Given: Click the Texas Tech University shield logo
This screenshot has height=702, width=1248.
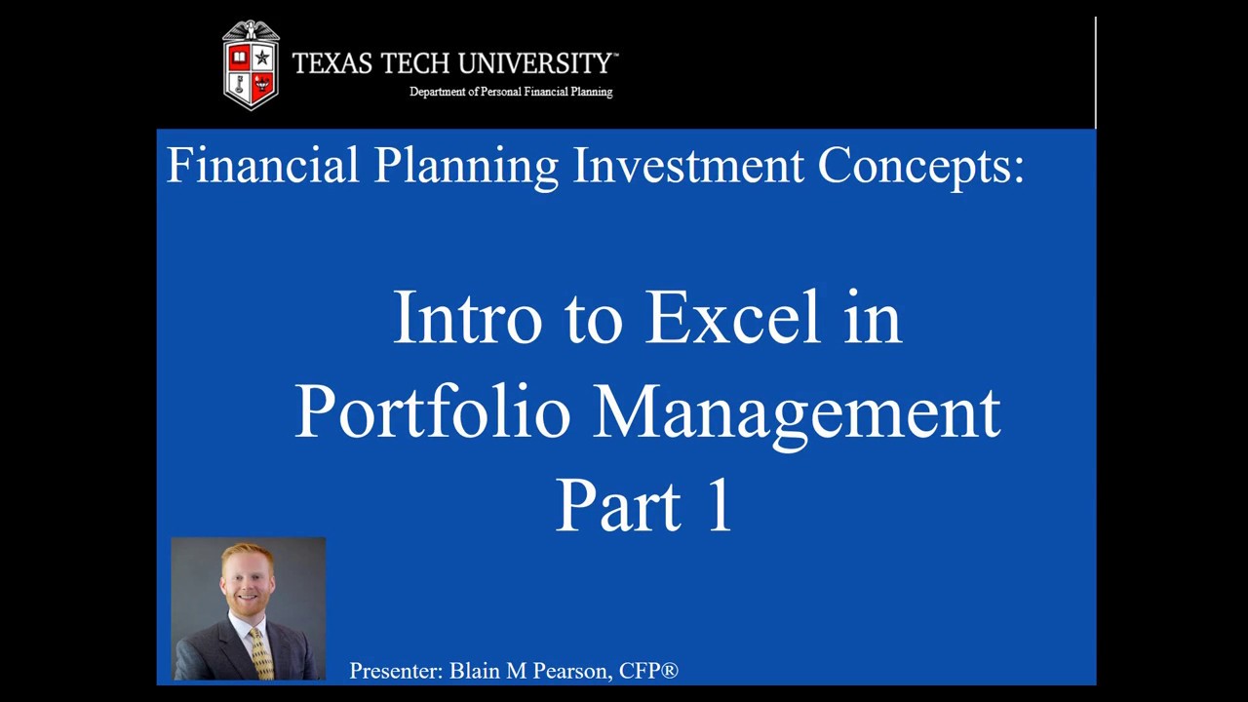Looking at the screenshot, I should (x=251, y=64).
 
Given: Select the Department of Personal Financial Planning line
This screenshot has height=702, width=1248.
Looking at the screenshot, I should (x=511, y=92).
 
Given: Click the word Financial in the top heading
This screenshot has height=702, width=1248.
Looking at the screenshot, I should (x=263, y=165).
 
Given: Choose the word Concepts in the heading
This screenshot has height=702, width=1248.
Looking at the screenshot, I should (x=919, y=167).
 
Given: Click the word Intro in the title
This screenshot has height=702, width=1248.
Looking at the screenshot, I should (x=466, y=318).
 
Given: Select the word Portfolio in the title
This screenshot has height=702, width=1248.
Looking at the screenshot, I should (x=431, y=411).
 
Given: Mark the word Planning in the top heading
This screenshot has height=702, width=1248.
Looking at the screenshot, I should (x=466, y=167).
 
